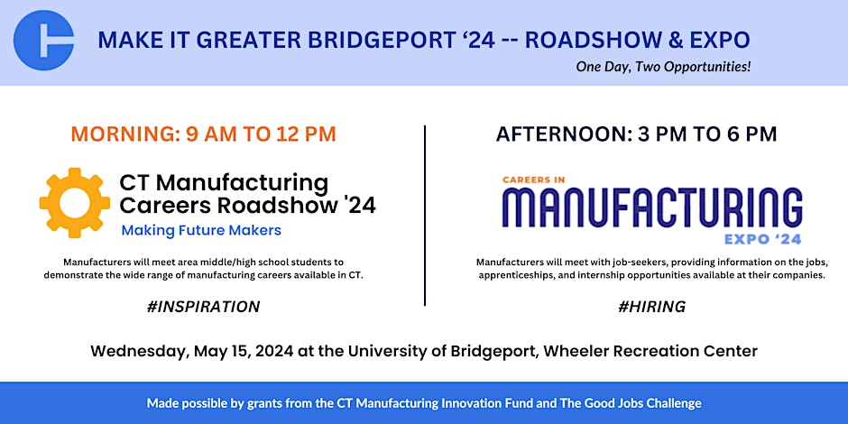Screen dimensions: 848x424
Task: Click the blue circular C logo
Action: (44, 41)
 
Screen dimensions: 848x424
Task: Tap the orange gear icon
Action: (75, 203)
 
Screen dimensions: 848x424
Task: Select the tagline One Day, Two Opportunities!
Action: (663, 67)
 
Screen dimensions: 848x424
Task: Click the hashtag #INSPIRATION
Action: (203, 307)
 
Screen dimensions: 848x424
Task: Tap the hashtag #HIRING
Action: (651, 307)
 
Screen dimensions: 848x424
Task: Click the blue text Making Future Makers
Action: (201, 230)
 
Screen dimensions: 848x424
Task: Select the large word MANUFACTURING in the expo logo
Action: (651, 209)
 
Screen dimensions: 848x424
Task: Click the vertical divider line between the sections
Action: (425, 216)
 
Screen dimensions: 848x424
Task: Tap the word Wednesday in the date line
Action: (139, 352)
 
